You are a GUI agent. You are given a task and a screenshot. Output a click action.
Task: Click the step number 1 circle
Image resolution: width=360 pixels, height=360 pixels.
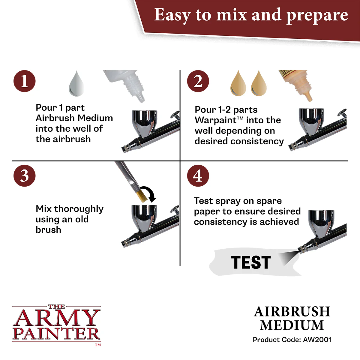[x=24, y=81]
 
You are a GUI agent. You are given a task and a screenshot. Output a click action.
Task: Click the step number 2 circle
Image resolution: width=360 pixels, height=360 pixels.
[x=198, y=81]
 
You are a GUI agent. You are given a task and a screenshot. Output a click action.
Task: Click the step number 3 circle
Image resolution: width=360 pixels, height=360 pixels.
[x=24, y=176]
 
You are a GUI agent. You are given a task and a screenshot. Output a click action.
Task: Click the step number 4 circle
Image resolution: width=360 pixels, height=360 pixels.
[x=198, y=176]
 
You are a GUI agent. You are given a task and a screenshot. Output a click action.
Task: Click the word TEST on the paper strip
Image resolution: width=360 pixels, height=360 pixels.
[x=251, y=262]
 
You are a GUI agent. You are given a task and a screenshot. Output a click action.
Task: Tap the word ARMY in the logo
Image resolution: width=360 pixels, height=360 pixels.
[x=56, y=319]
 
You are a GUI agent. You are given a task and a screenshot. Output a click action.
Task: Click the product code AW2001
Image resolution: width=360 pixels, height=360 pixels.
[x=317, y=340]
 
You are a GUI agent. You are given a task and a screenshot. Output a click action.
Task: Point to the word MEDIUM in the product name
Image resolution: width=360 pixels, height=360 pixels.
[x=292, y=325]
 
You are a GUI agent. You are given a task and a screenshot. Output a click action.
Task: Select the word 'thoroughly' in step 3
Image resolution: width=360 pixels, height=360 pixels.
[x=79, y=209]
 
